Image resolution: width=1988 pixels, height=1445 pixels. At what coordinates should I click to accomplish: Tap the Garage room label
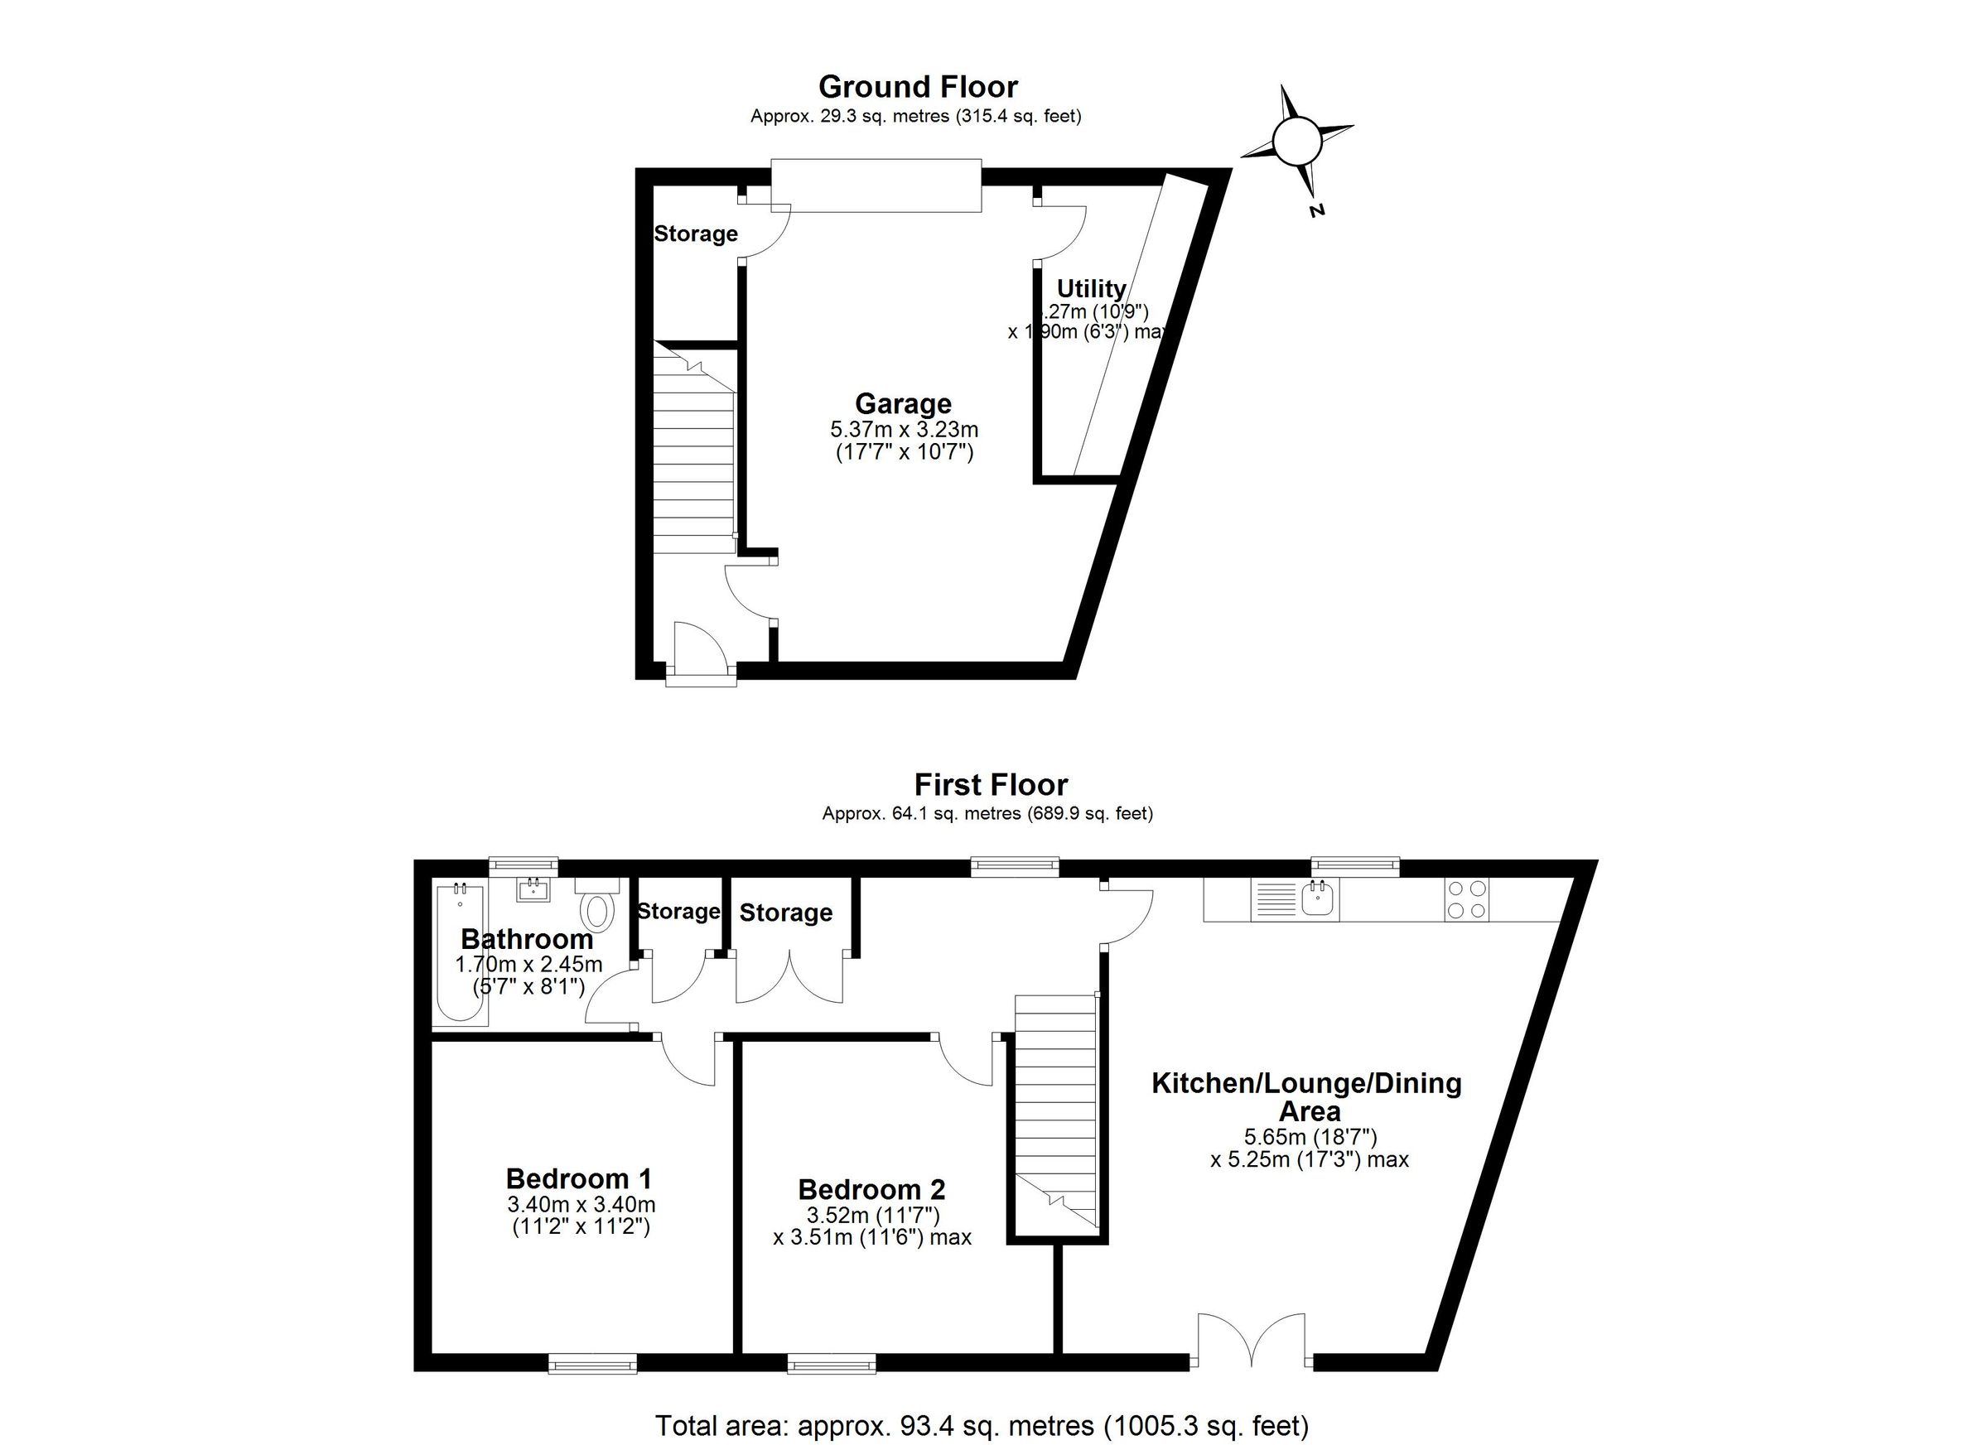click(903, 404)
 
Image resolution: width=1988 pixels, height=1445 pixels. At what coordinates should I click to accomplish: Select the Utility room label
click(1091, 288)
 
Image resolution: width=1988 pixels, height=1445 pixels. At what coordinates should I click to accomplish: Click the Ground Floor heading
click(917, 87)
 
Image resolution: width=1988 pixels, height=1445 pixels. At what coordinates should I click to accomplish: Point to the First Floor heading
click(991, 784)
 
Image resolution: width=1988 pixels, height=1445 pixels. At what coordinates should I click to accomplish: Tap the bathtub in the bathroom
click(461, 953)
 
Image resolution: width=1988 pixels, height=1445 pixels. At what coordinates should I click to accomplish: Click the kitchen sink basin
click(1319, 898)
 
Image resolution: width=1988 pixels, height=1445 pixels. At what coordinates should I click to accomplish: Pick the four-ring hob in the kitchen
click(1467, 898)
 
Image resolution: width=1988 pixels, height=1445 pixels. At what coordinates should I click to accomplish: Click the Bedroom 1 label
click(579, 1178)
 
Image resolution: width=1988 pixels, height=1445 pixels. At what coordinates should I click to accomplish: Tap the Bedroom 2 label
click(871, 1190)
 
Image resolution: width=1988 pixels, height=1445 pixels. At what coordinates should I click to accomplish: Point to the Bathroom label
click(527, 939)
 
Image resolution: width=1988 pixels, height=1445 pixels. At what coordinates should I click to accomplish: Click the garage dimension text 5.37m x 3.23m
click(904, 431)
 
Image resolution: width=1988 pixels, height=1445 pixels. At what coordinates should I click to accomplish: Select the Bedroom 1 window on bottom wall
click(592, 1364)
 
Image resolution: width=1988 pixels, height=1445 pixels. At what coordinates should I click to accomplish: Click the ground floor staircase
click(693, 455)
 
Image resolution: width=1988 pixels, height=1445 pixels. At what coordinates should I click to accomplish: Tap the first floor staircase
click(1055, 1113)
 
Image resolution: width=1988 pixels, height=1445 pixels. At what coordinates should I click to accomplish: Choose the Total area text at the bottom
click(982, 1425)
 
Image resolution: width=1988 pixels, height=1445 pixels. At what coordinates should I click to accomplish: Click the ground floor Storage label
click(696, 234)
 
